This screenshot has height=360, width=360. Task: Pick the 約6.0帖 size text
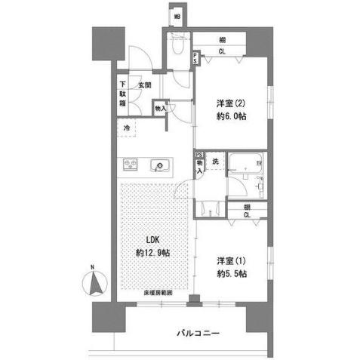(231, 117)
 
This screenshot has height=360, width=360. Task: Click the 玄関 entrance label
(145, 85)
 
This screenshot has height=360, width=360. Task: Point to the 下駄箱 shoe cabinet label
(122, 94)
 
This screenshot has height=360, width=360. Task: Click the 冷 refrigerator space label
(127, 128)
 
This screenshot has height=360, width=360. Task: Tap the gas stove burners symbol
(129, 165)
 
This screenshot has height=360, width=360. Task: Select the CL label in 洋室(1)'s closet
(247, 215)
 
